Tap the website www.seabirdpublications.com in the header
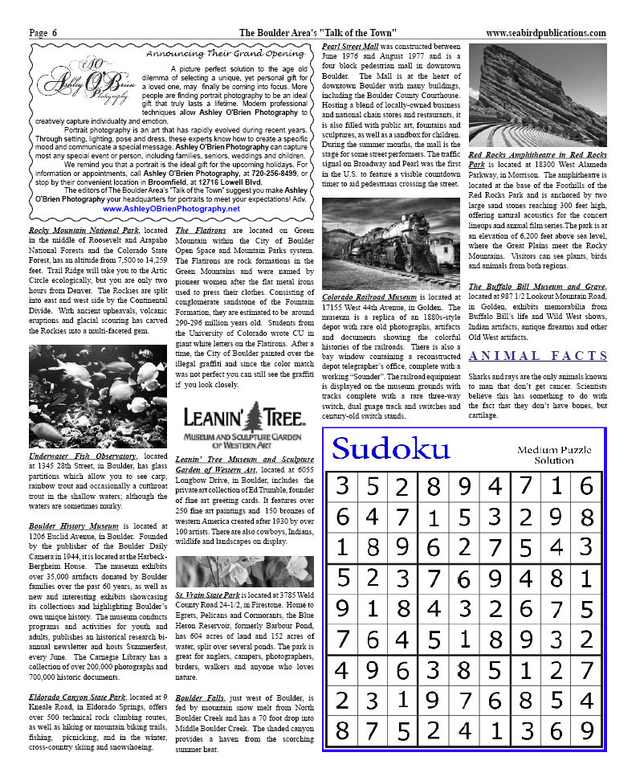click(x=546, y=33)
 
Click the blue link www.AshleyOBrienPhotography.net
click(x=172, y=208)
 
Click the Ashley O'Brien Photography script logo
click(x=86, y=86)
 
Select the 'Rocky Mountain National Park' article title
click(x=78, y=231)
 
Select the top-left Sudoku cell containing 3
click(x=342, y=486)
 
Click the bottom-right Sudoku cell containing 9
click(x=586, y=730)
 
